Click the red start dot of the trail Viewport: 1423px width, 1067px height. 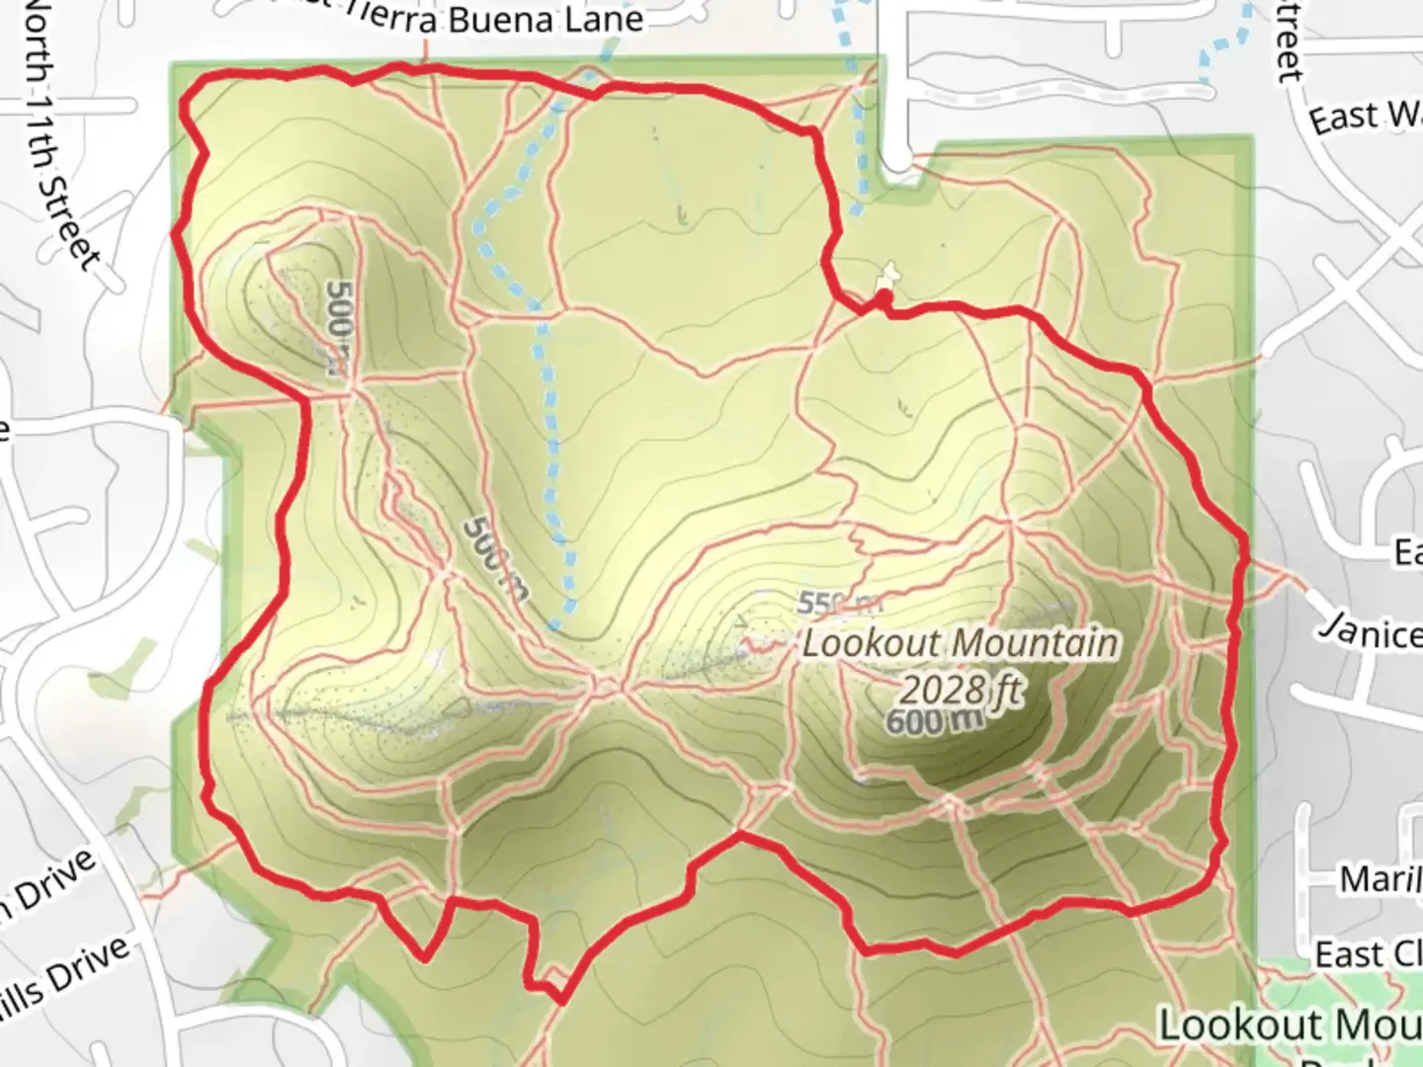pyautogui.click(x=884, y=295)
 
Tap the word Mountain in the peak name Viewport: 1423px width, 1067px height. pyautogui.click(x=1041, y=643)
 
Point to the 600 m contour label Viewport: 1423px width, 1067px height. pyautogui.click(x=934, y=721)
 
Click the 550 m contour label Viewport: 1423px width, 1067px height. pyautogui.click(x=838, y=603)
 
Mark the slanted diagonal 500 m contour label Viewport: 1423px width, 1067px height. pyautogui.click(x=495, y=560)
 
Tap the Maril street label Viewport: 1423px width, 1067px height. pyautogui.click(x=1380, y=878)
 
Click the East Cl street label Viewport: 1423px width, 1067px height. pyautogui.click(x=1368, y=954)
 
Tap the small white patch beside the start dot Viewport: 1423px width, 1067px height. pyautogui.click(x=890, y=272)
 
